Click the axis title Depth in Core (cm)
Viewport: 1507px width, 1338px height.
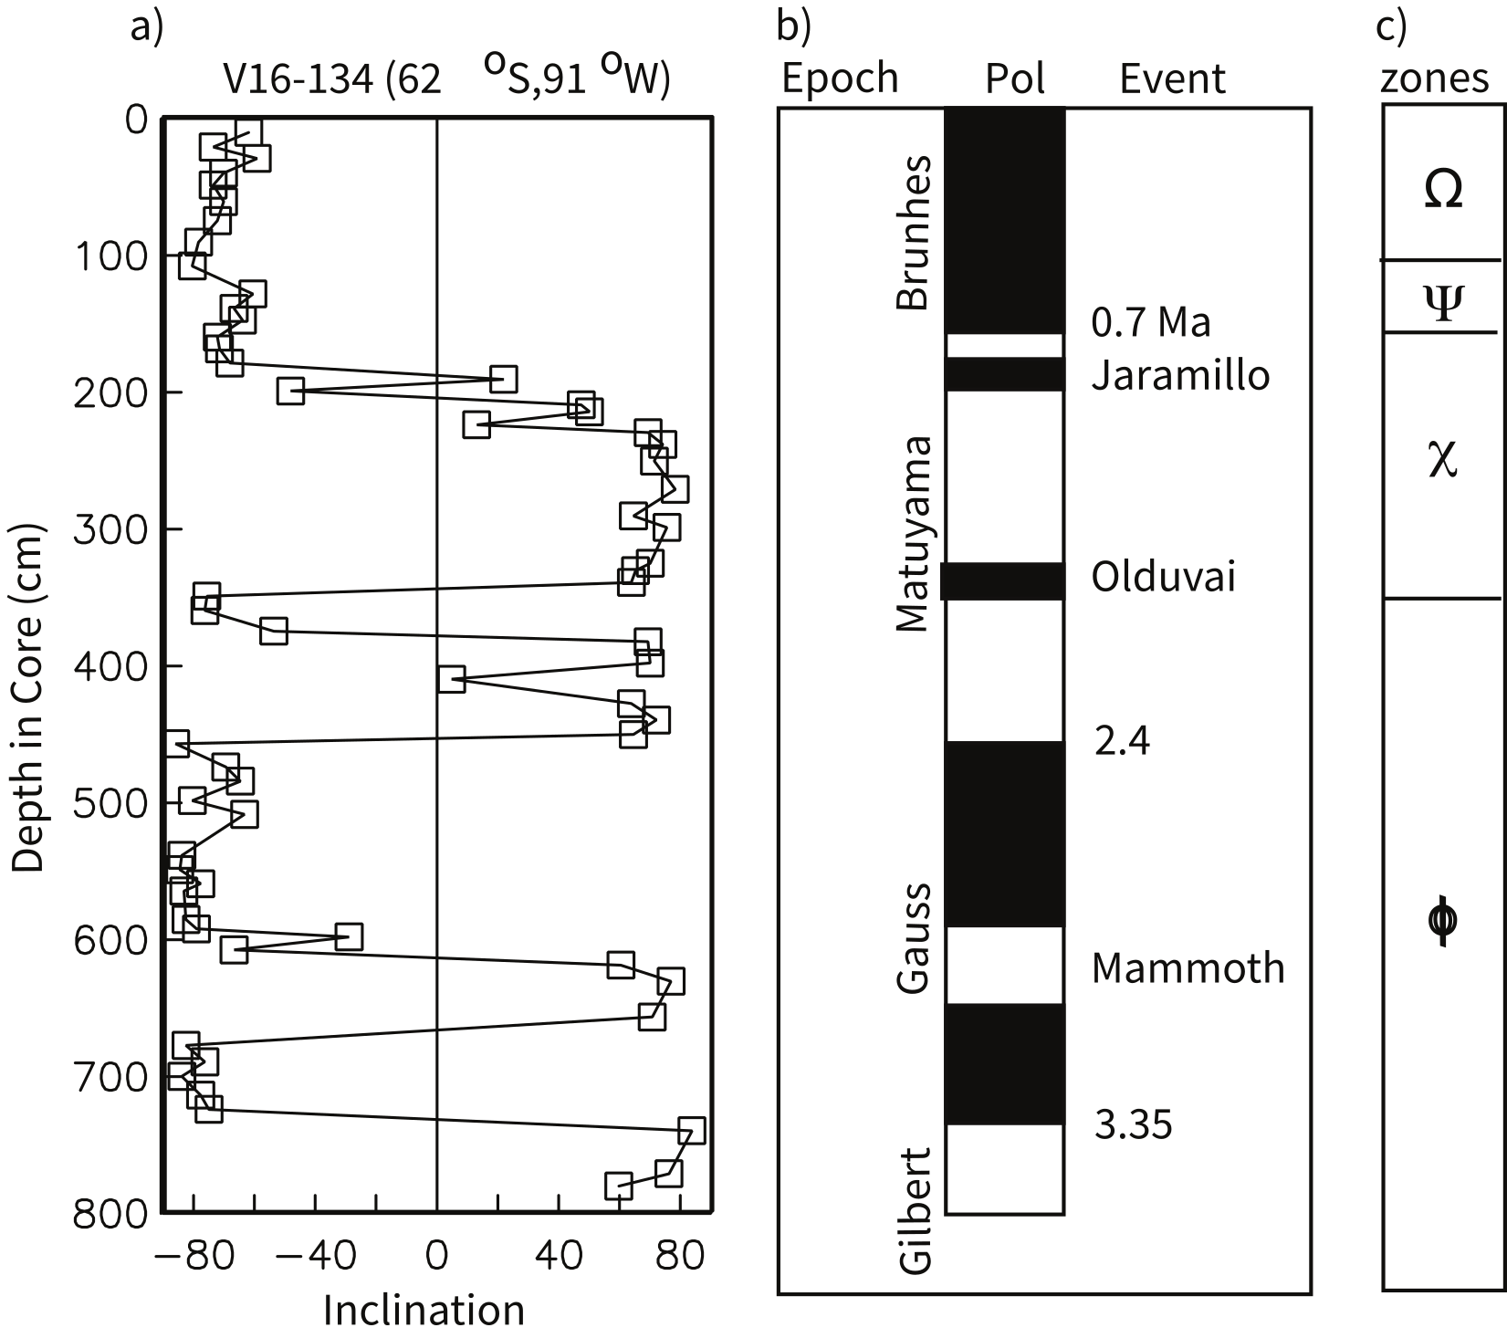29,698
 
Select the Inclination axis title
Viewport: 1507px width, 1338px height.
424,1311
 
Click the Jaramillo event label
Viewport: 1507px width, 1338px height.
1180,375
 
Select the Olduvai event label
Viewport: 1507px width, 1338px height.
1164,577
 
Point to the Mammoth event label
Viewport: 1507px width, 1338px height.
1188,967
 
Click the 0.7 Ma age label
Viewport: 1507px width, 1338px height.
1152,322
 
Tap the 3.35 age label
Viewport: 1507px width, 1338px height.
1133,1124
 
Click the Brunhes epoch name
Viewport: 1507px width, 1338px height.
914,234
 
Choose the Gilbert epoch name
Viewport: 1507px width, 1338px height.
916,1210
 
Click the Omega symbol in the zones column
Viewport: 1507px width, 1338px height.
1443,190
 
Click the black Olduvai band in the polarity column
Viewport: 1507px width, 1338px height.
1002,581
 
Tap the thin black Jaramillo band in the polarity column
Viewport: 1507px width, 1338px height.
1004,374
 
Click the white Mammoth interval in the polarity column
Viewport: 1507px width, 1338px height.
1004,966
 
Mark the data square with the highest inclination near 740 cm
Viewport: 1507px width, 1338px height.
692,1131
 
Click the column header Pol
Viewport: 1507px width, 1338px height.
1015,80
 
